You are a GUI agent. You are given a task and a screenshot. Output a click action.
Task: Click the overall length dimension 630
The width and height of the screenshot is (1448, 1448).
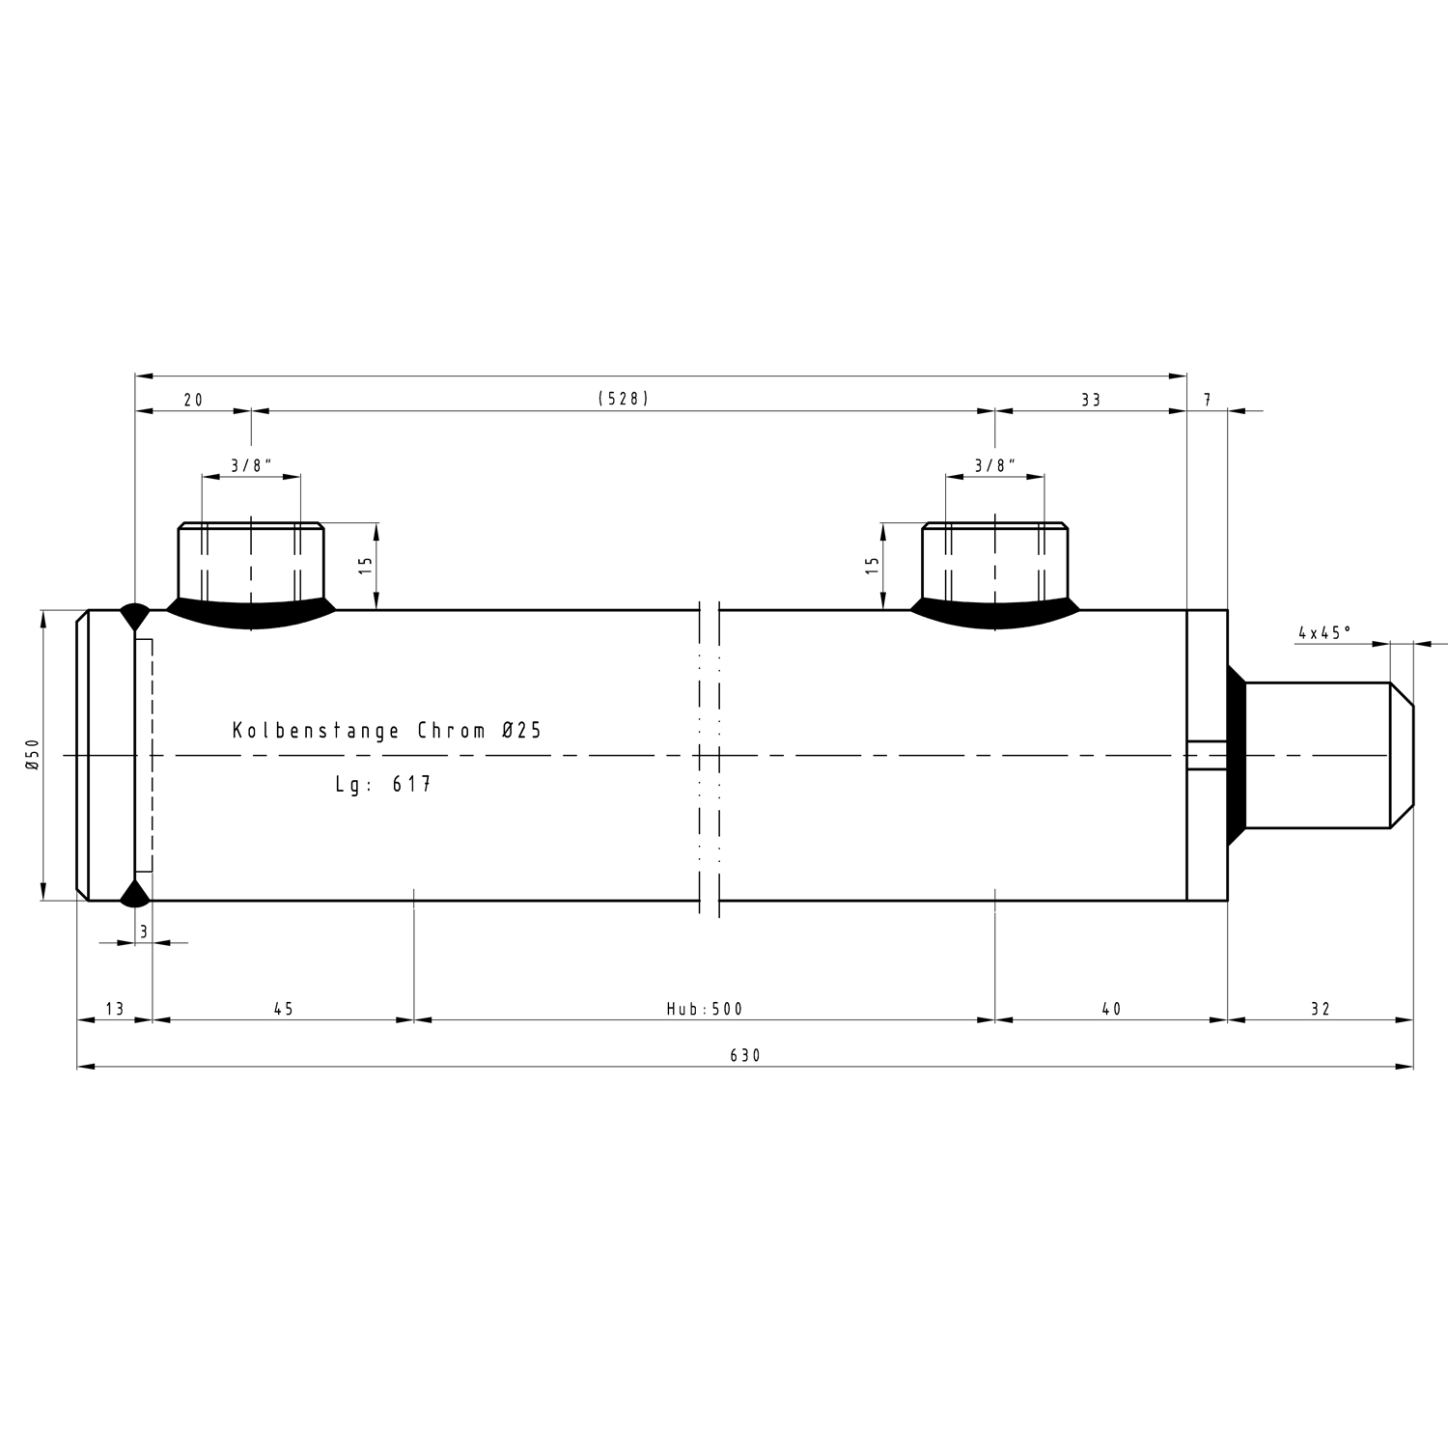click(x=745, y=1056)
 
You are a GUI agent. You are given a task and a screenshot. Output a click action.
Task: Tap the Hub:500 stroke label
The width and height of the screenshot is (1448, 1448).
click(x=705, y=1009)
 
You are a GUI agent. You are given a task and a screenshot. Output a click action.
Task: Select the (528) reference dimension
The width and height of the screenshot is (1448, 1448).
click(x=624, y=399)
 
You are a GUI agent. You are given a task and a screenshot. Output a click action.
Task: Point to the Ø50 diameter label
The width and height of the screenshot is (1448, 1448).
click(x=32, y=754)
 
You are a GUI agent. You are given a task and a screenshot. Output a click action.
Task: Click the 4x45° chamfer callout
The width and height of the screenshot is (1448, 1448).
click(x=1324, y=633)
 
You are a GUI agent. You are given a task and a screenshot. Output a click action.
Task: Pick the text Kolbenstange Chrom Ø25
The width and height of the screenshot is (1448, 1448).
click(x=387, y=731)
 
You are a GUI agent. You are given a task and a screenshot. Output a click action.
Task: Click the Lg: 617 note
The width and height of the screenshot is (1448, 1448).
click(x=383, y=784)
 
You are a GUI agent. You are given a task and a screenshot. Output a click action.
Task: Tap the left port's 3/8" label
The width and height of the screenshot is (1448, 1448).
click(x=251, y=465)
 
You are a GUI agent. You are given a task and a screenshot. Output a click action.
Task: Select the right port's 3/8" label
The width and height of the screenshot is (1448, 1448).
click(x=995, y=465)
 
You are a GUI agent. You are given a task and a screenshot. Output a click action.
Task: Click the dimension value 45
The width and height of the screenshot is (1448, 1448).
click(x=283, y=1009)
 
